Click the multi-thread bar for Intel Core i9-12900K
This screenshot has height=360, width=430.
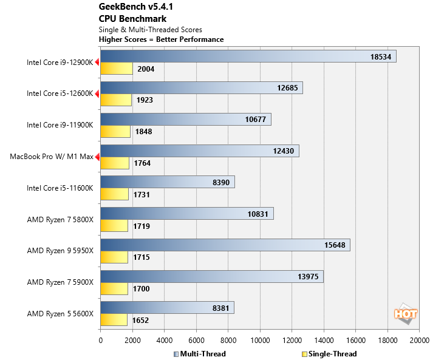tap(248, 56)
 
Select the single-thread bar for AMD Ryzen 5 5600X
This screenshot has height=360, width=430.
tap(114, 320)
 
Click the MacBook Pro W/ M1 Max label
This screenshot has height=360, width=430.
tap(51, 157)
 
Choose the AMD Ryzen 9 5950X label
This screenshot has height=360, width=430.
tap(60, 250)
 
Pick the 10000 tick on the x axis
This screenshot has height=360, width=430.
tap(259, 341)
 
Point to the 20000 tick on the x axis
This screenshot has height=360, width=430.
tap(418, 341)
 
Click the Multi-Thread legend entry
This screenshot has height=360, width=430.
tap(200, 354)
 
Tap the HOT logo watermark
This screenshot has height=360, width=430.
tap(405, 314)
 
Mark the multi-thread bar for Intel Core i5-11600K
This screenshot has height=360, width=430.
tap(167, 182)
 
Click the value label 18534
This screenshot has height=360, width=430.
tap(383, 56)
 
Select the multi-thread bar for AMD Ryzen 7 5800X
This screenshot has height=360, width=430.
tap(186, 213)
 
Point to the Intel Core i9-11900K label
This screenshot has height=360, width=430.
tap(60, 125)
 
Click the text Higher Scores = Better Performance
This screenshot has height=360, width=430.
tap(161, 39)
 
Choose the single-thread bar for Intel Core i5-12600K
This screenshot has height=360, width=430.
tap(115, 100)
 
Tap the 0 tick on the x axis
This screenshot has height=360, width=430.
tap(100, 341)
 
